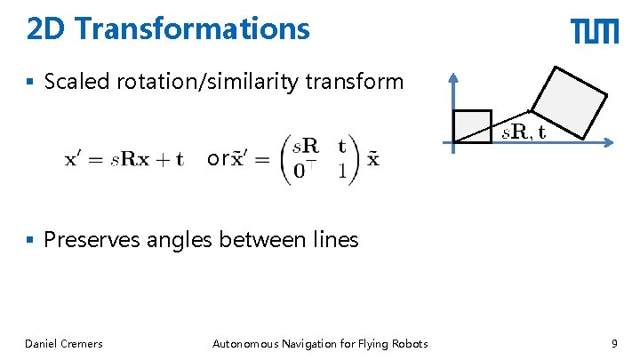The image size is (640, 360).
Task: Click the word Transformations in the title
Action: (193, 29)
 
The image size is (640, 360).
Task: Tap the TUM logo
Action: (595, 32)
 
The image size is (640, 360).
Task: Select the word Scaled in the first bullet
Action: (78, 83)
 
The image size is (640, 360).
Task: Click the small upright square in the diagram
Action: (472, 126)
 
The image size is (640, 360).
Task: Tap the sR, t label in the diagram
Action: (524, 132)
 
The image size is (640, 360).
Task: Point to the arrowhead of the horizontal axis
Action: (613, 141)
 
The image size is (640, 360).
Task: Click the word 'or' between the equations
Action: (216, 159)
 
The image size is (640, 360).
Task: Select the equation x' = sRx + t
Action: (124, 160)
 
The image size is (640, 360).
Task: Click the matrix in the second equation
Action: (316, 160)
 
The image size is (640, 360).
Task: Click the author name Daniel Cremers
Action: (64, 344)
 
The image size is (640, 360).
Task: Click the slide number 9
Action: (614, 344)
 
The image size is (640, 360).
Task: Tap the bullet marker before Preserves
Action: (31, 240)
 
